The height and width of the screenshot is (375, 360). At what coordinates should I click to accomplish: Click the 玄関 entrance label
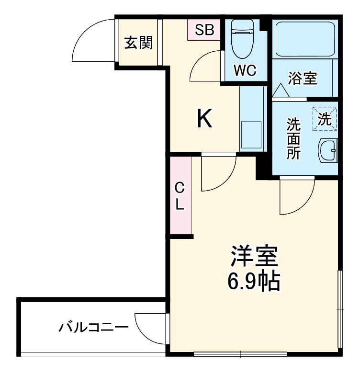click(139, 43)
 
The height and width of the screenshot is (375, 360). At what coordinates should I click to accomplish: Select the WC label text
click(245, 71)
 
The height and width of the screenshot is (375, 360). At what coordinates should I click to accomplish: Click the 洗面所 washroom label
click(293, 139)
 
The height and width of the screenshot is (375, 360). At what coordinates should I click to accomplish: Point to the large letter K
click(205, 119)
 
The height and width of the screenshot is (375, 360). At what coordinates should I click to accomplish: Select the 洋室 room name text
click(254, 257)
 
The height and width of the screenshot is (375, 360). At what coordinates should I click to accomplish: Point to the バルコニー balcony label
click(94, 328)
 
